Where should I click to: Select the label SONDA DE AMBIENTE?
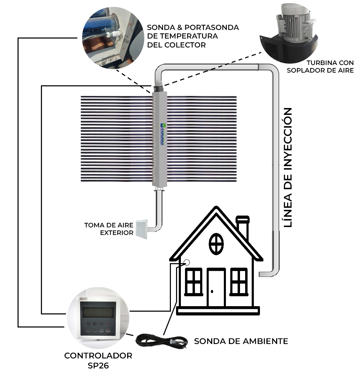pos(241,341)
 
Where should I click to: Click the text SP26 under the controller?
pos(98,366)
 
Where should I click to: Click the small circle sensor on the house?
pos(187,262)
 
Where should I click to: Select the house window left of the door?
pos(194,281)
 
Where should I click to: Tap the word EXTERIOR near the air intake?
pos(117,233)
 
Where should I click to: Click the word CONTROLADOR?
pos(98,356)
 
